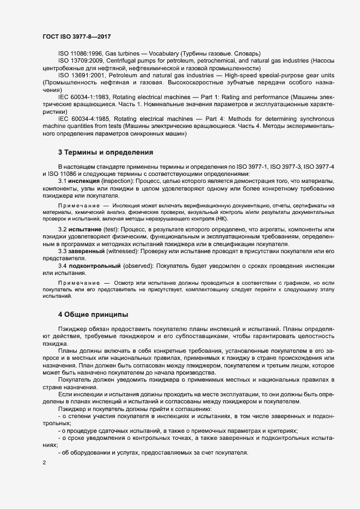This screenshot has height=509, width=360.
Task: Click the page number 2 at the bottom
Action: [44, 463]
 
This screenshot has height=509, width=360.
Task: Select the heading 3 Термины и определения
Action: [105, 152]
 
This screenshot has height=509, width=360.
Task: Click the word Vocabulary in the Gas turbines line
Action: [160, 53]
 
